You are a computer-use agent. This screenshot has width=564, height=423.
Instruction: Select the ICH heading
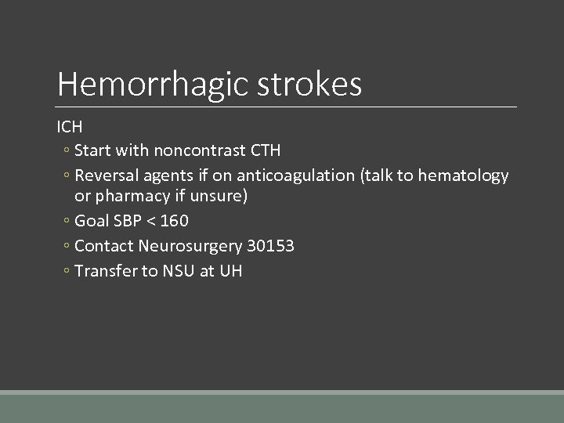(x=70, y=126)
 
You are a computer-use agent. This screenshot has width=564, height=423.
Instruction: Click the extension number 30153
(x=270, y=246)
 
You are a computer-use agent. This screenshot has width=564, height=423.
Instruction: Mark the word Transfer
(x=105, y=271)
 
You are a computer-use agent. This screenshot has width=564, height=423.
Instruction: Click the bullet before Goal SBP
(x=67, y=222)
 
